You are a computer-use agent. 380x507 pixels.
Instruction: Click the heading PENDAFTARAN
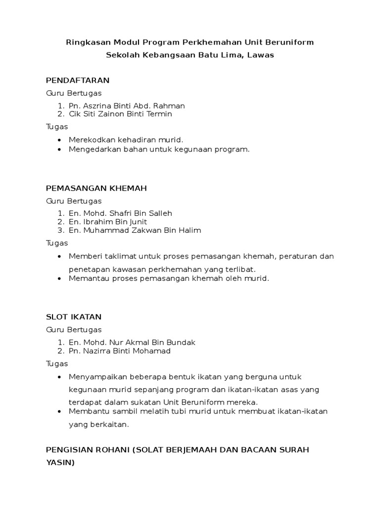pyautogui.click(x=77, y=80)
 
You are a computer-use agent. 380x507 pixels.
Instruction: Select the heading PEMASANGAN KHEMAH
pyautogui.click(x=96, y=188)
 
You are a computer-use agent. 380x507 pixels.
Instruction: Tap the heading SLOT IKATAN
pyautogui.click(x=74, y=317)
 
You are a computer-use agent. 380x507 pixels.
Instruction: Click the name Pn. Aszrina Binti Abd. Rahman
pyautogui.click(x=127, y=105)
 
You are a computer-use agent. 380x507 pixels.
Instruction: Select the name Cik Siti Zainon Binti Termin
pyautogui.click(x=120, y=114)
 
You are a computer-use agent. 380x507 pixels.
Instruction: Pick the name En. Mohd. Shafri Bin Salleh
pyautogui.click(x=120, y=213)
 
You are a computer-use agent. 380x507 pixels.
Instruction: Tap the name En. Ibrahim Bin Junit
pyautogui.click(x=108, y=222)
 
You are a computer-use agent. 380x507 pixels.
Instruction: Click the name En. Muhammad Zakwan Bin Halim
pyautogui.click(x=135, y=230)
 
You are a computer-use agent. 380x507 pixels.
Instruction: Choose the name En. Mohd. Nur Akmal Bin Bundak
pyautogui.click(x=132, y=342)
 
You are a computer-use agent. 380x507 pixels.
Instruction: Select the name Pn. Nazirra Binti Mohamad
pyautogui.click(x=119, y=351)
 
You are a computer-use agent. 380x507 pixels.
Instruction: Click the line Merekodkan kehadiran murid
pyautogui.click(x=122, y=140)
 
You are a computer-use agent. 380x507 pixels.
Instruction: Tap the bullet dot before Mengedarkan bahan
pyautogui.click(x=60, y=149)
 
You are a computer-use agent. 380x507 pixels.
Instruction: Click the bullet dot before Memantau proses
pyautogui.click(x=60, y=279)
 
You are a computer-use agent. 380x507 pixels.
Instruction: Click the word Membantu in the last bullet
pyautogui.click(x=87, y=411)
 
